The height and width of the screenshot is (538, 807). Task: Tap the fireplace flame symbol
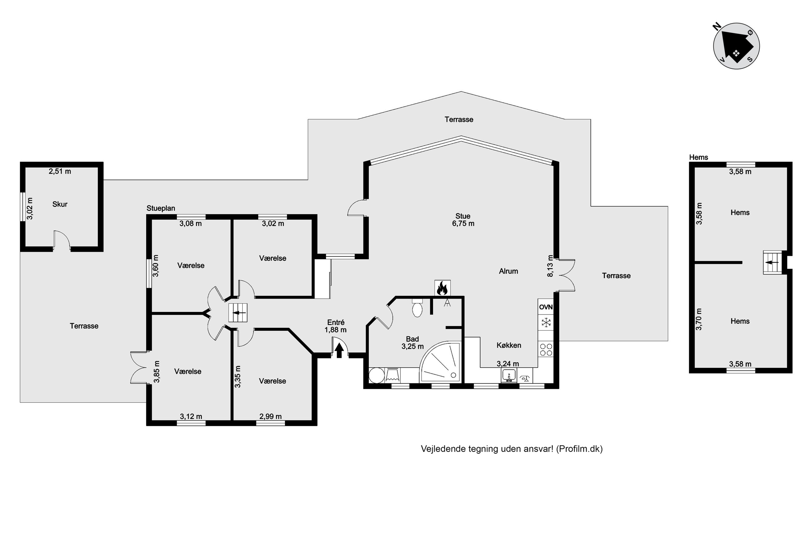(x=442, y=288)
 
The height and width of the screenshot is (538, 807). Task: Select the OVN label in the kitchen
(x=546, y=307)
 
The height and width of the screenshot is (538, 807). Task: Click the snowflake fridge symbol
(x=546, y=322)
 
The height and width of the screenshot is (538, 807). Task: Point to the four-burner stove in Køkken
(x=546, y=349)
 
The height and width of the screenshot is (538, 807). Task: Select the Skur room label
(x=60, y=204)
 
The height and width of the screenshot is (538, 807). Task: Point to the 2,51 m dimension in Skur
(x=60, y=171)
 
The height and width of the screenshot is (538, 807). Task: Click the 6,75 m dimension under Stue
(x=463, y=224)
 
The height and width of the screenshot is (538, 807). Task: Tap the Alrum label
(x=508, y=271)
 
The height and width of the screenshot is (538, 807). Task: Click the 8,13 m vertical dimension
(x=550, y=266)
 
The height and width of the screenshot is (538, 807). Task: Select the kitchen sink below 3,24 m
(x=509, y=375)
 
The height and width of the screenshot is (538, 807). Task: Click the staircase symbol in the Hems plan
(x=772, y=263)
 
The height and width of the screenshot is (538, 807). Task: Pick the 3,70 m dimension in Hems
(x=699, y=319)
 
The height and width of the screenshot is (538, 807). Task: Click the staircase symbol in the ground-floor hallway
(x=238, y=313)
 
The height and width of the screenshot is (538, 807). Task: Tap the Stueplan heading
(x=160, y=208)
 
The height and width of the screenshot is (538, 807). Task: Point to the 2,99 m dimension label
(x=270, y=416)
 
